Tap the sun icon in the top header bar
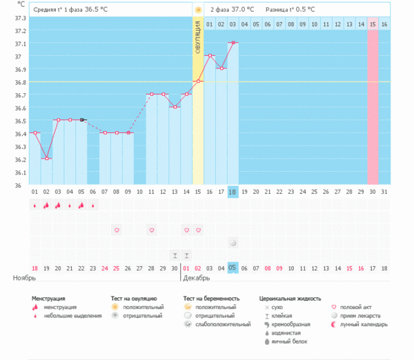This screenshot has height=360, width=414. (x=198, y=10)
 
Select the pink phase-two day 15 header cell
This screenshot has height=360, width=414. (x=373, y=24)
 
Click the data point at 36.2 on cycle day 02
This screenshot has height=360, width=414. (x=46, y=159)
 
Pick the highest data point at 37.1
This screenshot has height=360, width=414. (x=233, y=43)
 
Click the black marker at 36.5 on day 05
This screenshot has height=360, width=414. (x=81, y=120)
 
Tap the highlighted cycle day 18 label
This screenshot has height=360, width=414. (x=233, y=192)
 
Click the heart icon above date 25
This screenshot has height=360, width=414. (x=117, y=230)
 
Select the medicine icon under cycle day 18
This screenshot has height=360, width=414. (x=233, y=243)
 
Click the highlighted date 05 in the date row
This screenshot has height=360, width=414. (x=233, y=268)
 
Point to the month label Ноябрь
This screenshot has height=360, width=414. (x=24, y=278)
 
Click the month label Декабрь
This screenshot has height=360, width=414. (x=197, y=278)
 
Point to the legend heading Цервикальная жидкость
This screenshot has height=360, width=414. (x=290, y=299)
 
